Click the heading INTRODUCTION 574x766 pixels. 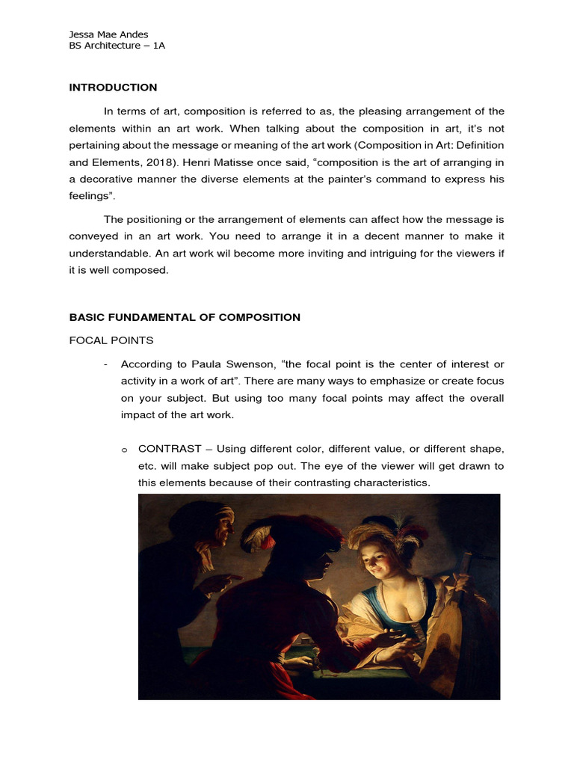click(113, 88)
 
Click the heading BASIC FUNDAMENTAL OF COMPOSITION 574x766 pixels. click(185, 317)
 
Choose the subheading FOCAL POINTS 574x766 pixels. click(111, 340)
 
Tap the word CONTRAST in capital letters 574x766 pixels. click(170, 448)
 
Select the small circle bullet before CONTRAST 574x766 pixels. click(123, 450)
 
